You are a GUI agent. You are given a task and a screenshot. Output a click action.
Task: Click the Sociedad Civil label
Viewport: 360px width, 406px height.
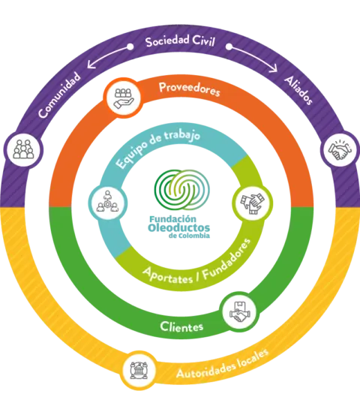tap(180, 41)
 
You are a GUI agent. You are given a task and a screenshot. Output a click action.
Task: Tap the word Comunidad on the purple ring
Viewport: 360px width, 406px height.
tap(59, 95)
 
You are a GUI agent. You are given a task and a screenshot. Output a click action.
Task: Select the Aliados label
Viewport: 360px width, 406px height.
tap(298, 90)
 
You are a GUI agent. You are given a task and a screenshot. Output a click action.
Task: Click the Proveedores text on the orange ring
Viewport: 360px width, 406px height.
tap(190, 89)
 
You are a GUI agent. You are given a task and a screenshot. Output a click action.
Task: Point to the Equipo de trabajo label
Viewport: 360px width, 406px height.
tap(157, 148)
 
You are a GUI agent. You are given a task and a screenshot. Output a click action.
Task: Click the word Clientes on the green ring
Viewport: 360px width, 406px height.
tap(181, 326)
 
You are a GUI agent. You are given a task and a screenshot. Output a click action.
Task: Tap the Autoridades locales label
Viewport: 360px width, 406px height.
tap(222, 364)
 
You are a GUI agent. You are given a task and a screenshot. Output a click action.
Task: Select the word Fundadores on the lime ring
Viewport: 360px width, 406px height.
tap(226, 260)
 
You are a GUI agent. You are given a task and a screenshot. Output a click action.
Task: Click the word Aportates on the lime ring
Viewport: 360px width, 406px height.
tap(168, 276)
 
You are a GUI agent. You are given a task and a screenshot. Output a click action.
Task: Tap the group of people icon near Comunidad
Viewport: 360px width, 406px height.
tap(23, 149)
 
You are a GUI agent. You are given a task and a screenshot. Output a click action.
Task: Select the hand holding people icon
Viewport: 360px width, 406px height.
tap(123, 98)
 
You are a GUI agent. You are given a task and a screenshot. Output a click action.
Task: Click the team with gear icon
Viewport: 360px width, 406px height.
tap(107, 202)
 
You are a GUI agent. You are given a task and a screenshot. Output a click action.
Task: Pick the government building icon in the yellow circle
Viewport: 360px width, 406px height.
tap(139, 370)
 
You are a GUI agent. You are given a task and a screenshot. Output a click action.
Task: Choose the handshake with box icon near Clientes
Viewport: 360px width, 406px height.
tap(240, 311)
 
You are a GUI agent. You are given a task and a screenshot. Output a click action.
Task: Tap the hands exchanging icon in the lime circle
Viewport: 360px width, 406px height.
tap(252, 203)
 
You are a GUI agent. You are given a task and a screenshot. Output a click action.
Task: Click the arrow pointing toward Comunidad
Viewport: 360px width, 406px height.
tap(109, 56)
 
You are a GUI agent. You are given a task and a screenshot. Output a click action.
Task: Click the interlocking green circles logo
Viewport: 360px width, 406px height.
tap(182, 190)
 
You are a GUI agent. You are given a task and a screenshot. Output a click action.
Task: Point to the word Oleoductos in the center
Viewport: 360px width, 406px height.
tap(178, 228)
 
